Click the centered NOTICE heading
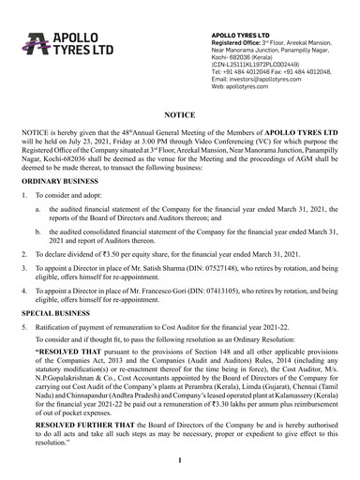[179, 110]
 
